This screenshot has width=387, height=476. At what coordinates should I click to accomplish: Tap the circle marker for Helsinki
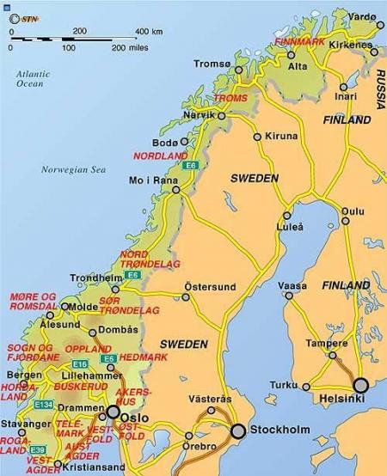point(359,385)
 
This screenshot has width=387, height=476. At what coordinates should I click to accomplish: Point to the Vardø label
point(363,16)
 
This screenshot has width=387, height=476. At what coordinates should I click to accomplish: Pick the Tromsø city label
point(212,64)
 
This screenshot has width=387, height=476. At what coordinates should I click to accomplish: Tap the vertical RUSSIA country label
point(378,91)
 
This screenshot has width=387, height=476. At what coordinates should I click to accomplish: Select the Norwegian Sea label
point(72,169)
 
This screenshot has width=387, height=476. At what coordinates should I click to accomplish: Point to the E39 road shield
point(37,449)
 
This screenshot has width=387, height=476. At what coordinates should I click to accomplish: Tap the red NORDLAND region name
point(160,156)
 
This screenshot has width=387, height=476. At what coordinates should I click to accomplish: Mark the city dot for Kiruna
point(257,136)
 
